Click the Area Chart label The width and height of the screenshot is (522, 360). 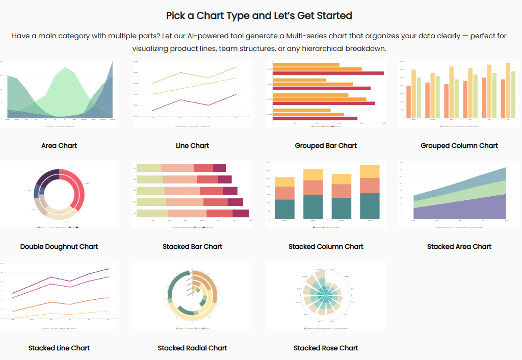tap(59, 145)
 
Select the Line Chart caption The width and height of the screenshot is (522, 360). tap(192, 145)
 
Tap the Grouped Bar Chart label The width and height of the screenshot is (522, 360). tap(326, 145)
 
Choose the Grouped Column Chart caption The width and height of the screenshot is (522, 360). tap(459, 145)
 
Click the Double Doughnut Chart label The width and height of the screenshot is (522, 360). tap(59, 246)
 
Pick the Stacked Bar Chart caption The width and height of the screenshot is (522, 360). tap(192, 246)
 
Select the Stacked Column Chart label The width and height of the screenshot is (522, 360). tap(326, 246)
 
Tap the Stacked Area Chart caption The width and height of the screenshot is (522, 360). tap(459, 246)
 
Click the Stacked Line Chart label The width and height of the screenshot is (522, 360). tap(59, 348)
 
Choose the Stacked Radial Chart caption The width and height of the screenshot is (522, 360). tap(192, 348)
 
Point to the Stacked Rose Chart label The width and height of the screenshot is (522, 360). tap(326, 348)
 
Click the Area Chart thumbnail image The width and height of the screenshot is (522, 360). tap(59, 93)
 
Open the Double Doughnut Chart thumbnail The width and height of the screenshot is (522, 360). tap(59, 194)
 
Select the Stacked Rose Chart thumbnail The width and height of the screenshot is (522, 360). tap(326, 295)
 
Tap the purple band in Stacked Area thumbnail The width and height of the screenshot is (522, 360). tap(459, 212)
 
